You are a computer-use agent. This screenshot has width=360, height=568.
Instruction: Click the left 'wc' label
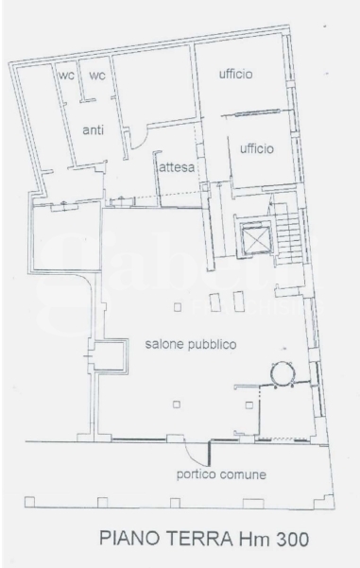pyautogui.click(x=67, y=76)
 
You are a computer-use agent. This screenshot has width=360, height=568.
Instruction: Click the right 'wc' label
pyautogui.click(x=97, y=76)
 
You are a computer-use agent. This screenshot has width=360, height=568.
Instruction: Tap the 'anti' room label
pyautogui.click(x=94, y=129)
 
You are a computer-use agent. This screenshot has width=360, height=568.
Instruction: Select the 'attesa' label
pyautogui.click(x=177, y=167)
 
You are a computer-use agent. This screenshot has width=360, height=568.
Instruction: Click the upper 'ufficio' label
pyautogui.click(x=236, y=74)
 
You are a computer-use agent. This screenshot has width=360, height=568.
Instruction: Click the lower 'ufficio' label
pyautogui.click(x=257, y=148)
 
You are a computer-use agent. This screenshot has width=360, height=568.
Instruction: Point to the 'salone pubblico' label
pyautogui.click(x=191, y=344)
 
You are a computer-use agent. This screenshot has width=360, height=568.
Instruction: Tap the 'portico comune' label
pyautogui.click(x=221, y=474)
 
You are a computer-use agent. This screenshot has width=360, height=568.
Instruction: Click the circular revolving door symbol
pyautogui.click(x=283, y=373)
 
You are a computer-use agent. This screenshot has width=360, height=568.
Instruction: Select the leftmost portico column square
pyautogui.click(x=29, y=502)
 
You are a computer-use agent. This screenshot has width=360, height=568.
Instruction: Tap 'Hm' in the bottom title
pyautogui.click(x=253, y=539)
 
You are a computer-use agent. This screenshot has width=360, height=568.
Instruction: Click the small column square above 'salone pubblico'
pyautogui.click(x=178, y=307)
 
